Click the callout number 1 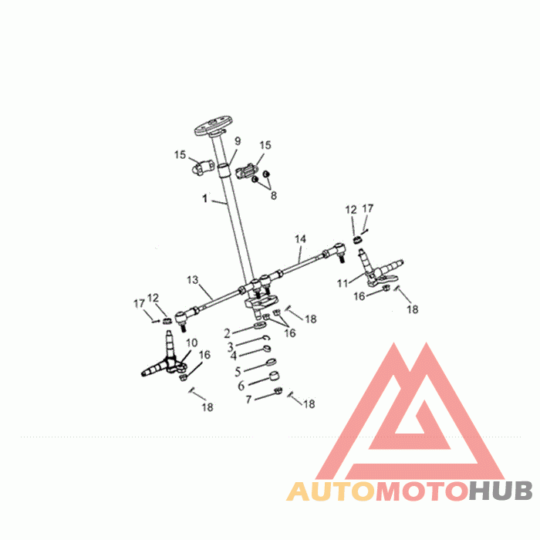click(205, 198)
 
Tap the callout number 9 click(238, 141)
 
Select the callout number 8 click(273, 196)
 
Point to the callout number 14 click(300, 238)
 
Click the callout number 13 click(193, 279)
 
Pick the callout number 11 click(343, 283)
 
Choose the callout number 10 click(192, 343)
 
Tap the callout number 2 click(227, 333)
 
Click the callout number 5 click(238, 372)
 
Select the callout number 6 click(241, 386)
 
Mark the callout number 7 click(248, 400)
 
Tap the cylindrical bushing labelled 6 click(274, 376)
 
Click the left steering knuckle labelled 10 click(164, 362)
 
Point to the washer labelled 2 click(260, 326)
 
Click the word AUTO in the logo click(331, 491)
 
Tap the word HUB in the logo click(501, 491)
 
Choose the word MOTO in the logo click(422, 491)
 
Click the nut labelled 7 click(278, 390)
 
